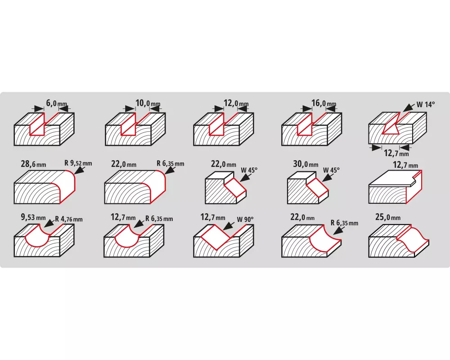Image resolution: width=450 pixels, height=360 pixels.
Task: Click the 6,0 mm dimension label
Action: (57, 103)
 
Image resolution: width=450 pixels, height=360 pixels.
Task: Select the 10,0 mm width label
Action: (148, 103)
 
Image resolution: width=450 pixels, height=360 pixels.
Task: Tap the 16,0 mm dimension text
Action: (324, 103)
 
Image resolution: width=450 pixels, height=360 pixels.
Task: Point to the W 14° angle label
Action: (426, 104)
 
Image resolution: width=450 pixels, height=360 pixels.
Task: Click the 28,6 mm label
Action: (33, 164)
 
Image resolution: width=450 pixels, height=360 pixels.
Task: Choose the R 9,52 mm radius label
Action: (78, 163)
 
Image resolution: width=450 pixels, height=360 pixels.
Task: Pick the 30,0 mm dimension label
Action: (306, 164)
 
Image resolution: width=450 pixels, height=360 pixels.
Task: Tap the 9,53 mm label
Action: (33, 217)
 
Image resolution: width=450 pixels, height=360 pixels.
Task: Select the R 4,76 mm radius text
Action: (69, 219)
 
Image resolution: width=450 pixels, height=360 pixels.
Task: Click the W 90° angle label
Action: (245, 220)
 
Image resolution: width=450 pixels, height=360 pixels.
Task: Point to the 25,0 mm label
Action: (388, 217)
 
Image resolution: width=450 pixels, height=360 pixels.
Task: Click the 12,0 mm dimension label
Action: (236, 103)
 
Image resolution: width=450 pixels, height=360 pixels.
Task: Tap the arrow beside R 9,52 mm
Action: (80, 170)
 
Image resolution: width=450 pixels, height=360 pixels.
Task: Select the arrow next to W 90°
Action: (229, 225)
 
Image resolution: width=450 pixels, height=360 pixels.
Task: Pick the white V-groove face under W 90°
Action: (216, 234)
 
